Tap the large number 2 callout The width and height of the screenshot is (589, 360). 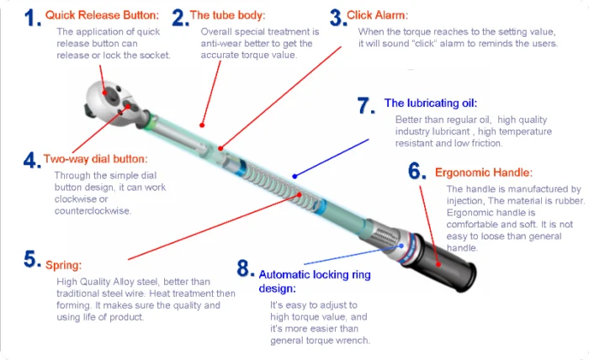pos(179,17)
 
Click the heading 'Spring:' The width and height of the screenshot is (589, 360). pos(64,262)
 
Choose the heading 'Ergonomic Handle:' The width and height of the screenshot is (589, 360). pos(483,172)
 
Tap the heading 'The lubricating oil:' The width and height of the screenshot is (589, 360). pos(430,103)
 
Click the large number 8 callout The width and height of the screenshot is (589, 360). pos(244,269)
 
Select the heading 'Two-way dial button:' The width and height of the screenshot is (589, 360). pos(95,158)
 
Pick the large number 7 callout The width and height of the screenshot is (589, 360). pos(364,105)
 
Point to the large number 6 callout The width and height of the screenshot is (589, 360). pos(418,172)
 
